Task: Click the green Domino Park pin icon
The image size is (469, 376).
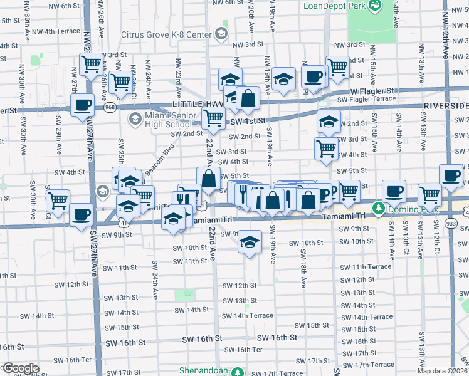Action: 378,207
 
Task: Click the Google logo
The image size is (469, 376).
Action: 20,368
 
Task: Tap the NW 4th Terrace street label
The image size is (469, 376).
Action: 56,31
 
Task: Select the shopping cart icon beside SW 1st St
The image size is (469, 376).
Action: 213,117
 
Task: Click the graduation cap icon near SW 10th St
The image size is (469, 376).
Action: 250,242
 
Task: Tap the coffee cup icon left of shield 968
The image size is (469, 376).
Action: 83,106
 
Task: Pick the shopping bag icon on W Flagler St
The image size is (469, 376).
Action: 248,97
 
